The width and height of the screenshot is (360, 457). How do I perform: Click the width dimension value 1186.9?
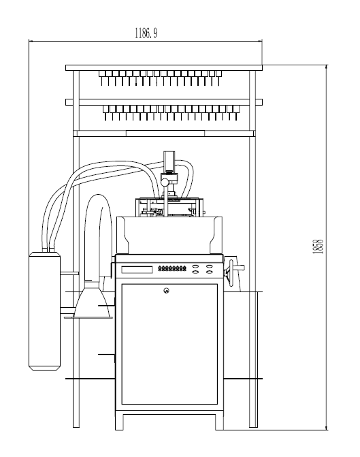[x=146, y=33]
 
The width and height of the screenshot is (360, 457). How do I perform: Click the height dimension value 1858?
[x=318, y=247]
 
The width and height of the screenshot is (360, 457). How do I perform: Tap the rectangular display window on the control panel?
[x=137, y=270]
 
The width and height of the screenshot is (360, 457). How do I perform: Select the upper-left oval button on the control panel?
[x=195, y=266]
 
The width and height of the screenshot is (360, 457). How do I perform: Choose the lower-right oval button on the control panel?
[x=209, y=272]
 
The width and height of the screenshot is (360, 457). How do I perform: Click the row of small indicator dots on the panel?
[x=172, y=268]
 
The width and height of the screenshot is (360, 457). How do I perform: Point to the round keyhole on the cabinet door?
[x=166, y=290]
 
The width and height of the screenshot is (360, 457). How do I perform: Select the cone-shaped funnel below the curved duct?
[x=93, y=300]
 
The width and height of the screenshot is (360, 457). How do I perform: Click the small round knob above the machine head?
[x=165, y=183]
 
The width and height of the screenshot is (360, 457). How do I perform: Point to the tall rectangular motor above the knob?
[x=169, y=162]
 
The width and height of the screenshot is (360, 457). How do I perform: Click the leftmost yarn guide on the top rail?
[x=101, y=78]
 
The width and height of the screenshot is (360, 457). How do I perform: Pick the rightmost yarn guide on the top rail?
[x=218, y=78]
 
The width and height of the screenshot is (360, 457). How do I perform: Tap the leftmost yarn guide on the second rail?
[x=105, y=112]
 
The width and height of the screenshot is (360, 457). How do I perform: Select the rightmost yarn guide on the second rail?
[x=236, y=112]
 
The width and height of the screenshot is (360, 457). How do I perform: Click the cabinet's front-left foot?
[x=119, y=420]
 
